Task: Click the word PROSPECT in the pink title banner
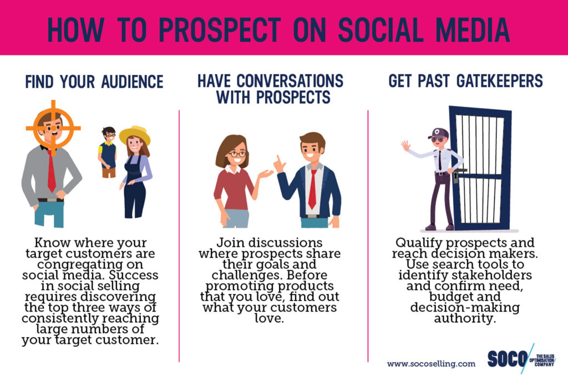[x=220, y=30]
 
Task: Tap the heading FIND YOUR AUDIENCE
[x=94, y=82]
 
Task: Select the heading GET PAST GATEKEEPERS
[x=465, y=81]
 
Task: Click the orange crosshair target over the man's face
[x=53, y=127]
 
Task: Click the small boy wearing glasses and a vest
[x=107, y=152]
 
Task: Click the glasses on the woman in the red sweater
[x=237, y=154]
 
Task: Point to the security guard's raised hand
[x=405, y=146]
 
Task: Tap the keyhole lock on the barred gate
[x=456, y=177]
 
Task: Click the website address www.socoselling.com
[x=431, y=364]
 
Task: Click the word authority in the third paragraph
[x=465, y=319]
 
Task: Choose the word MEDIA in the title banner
[x=473, y=30]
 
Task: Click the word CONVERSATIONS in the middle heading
[x=290, y=81]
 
